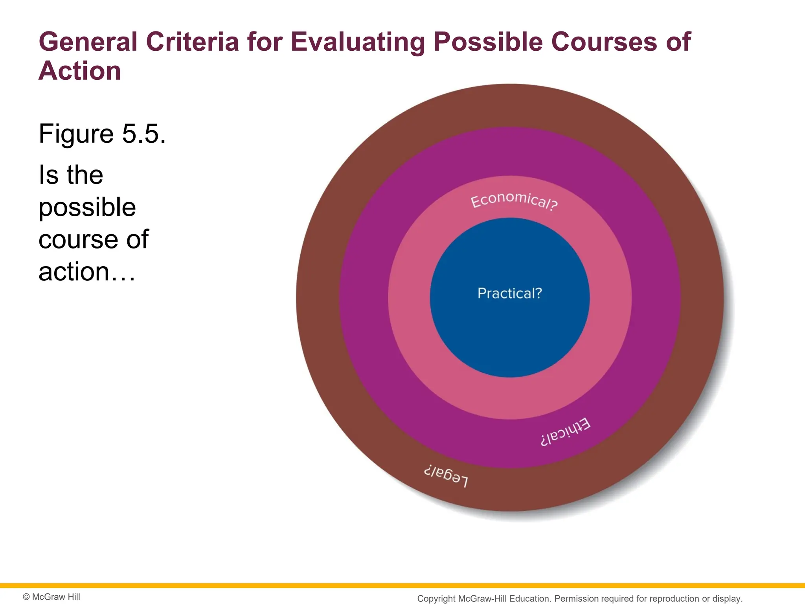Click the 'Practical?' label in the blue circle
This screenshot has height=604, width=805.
click(x=509, y=293)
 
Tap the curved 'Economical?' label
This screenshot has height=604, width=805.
click(x=514, y=201)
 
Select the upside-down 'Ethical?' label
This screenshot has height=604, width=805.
click(x=565, y=432)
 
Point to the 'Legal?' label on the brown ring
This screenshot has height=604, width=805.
click(x=446, y=475)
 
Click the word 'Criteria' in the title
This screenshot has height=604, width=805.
click(x=192, y=42)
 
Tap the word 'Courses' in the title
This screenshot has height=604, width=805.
click(x=604, y=42)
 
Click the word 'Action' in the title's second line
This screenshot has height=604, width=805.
click(x=80, y=71)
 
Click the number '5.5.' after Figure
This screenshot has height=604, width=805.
click(x=144, y=134)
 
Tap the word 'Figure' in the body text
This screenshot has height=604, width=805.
click(x=77, y=134)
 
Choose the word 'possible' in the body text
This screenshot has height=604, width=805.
click(x=87, y=208)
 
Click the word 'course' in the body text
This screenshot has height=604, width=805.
click(x=78, y=239)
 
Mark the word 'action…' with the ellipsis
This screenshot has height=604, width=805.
click(x=87, y=272)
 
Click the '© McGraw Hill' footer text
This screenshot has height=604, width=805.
click(x=51, y=597)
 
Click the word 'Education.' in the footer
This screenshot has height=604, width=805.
click(x=530, y=598)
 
